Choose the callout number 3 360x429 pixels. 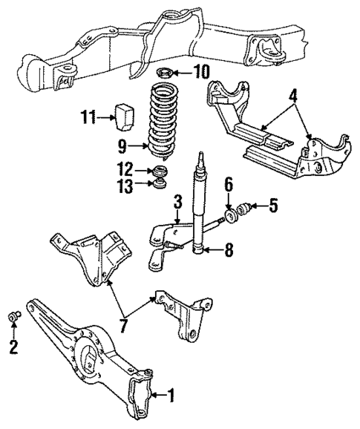[177, 201]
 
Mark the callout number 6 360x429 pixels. [229, 183]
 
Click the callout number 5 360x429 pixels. [274, 206]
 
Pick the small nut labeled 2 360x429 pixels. [13, 317]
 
